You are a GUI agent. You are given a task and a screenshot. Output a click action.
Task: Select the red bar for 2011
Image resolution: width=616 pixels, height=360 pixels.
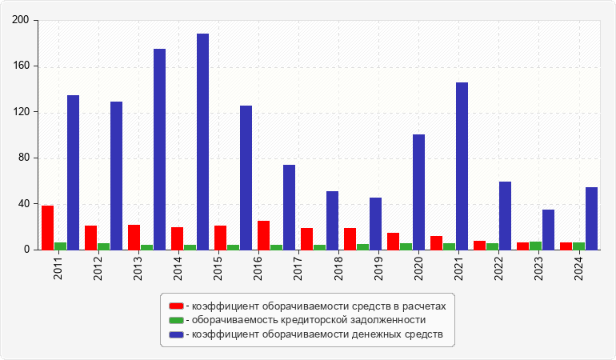48,228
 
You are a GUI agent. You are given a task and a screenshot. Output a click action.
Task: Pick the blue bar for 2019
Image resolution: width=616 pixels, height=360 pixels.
375,223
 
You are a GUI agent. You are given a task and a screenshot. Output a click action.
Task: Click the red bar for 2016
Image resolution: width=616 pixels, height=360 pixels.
263,235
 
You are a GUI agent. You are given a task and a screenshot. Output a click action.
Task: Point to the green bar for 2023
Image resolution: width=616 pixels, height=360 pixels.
535,246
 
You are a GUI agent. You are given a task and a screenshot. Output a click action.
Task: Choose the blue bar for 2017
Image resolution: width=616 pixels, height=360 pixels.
289,207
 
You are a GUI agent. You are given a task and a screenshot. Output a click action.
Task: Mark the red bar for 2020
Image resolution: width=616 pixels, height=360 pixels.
393,242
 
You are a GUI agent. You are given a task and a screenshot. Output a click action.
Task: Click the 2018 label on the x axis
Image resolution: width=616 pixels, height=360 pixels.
338,267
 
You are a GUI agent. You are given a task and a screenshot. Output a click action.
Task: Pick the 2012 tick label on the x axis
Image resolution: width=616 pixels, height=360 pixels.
98,267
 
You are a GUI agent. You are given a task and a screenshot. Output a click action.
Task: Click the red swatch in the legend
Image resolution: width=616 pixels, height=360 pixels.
176,306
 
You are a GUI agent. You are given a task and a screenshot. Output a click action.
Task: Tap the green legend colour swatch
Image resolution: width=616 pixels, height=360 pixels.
176,320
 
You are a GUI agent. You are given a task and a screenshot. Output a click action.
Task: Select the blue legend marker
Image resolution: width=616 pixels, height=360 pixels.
176,334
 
